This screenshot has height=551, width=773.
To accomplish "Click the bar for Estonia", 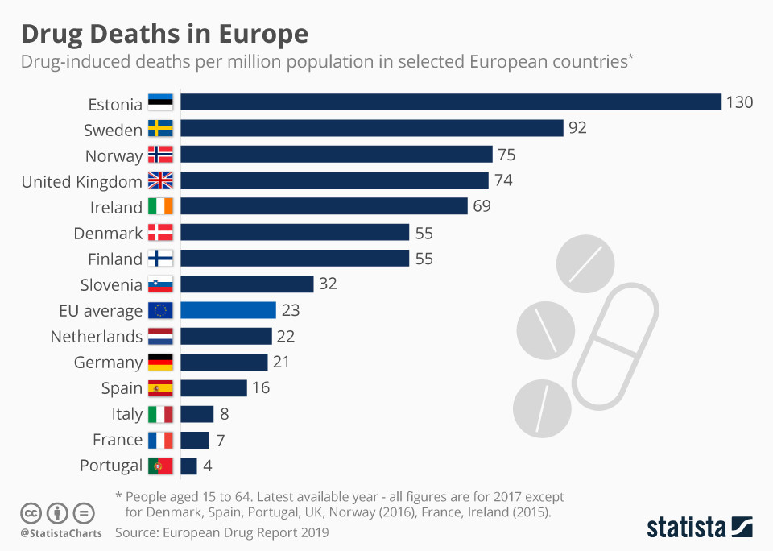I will [x=450, y=102].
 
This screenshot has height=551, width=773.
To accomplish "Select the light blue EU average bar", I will [x=228, y=310].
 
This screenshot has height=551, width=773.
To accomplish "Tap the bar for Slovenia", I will [x=246, y=284].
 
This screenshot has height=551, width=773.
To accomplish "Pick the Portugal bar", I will [x=188, y=466].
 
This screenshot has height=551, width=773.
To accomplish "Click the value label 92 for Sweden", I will [x=577, y=128].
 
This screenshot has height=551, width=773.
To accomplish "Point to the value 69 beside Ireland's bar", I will [x=482, y=206].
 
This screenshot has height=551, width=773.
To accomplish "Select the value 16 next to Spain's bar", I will [x=260, y=387].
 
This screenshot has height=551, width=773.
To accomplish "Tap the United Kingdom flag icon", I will [x=160, y=181].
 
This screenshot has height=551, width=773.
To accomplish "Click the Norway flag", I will [x=160, y=155].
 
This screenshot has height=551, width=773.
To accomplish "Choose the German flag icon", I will [x=160, y=362].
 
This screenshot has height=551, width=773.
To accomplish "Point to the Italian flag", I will [x=160, y=414].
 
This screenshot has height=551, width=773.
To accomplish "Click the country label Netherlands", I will [x=96, y=337].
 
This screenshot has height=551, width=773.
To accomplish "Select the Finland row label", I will [x=114, y=259].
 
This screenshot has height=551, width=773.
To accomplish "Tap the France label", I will [x=117, y=440].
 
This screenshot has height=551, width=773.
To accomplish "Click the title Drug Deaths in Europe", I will [x=164, y=34].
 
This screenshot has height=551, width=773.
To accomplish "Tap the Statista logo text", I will [x=685, y=528].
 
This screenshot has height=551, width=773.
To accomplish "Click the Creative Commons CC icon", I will [x=31, y=513].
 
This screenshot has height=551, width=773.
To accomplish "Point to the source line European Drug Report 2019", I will [x=221, y=532].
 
